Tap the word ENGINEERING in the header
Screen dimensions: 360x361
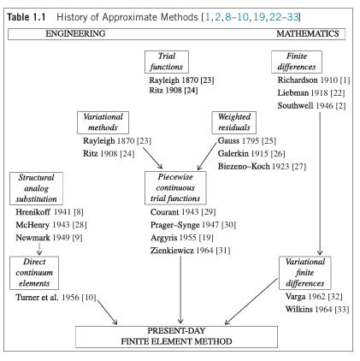pos(75,33)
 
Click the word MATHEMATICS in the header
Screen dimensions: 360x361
pos(308,33)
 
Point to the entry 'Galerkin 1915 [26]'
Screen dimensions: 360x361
pos(251,154)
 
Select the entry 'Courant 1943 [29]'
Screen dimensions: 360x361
pos(183,212)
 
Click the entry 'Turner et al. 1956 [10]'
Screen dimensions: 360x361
pos(56,298)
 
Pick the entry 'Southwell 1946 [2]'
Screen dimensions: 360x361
pos(311,106)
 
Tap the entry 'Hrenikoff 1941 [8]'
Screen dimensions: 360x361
pos(50,212)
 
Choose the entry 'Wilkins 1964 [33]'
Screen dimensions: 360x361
pos(317,310)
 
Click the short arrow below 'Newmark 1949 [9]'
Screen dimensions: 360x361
pos(39,248)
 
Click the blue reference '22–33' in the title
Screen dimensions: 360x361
pos(284,17)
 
